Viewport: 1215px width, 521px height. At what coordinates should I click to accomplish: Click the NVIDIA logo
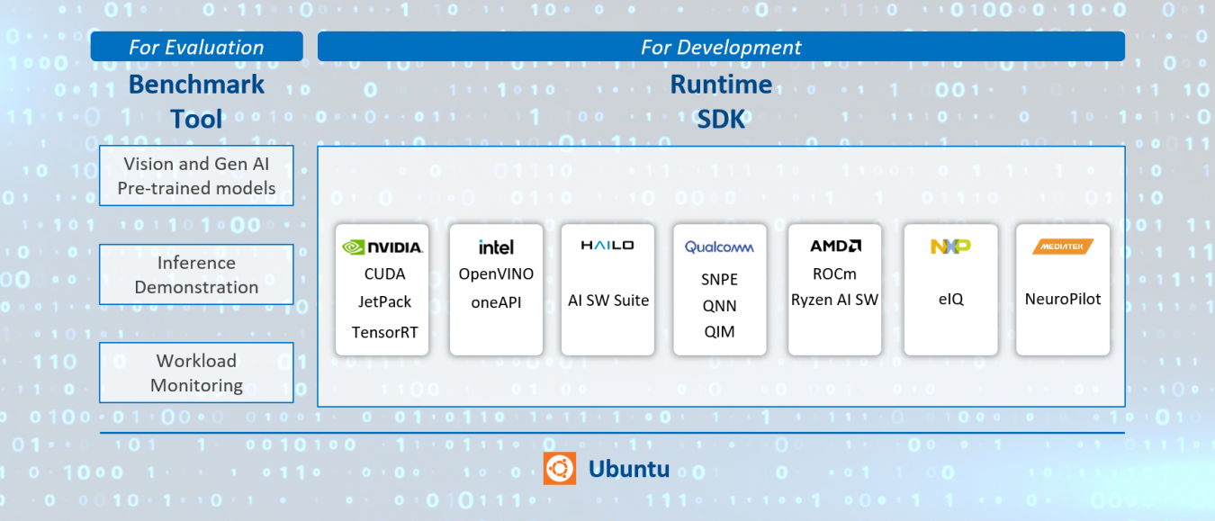[x=382, y=247]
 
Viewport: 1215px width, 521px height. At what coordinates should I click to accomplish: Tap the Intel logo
[x=496, y=247]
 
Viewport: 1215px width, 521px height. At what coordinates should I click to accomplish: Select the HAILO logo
[x=607, y=245]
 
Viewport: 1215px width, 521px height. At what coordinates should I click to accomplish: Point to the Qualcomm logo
[x=719, y=247]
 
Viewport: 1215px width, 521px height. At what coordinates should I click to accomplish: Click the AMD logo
[x=835, y=246]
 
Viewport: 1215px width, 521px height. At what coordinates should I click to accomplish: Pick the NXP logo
[x=950, y=246]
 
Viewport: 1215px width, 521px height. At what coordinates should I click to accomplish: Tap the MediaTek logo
[x=1063, y=246]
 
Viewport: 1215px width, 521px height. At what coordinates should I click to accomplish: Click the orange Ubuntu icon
[x=559, y=469]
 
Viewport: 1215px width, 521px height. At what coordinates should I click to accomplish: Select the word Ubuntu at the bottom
[x=628, y=469]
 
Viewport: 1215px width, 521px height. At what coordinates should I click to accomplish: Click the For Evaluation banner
[x=196, y=47]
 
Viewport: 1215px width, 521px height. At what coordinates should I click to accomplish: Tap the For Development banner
[x=721, y=47]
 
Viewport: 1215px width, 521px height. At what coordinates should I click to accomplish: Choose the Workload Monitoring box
[x=196, y=373]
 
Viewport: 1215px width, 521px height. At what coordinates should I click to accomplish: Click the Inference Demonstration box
[x=196, y=274]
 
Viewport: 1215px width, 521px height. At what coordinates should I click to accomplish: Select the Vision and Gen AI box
[x=196, y=175]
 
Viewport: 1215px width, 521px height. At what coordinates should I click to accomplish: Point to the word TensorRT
[x=384, y=332]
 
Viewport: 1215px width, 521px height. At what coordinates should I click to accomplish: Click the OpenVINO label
[x=496, y=274]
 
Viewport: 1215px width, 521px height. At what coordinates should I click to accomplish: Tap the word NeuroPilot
[x=1063, y=299]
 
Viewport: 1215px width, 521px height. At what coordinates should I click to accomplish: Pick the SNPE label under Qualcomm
[x=719, y=279]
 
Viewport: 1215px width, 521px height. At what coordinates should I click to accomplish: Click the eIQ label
[x=950, y=300]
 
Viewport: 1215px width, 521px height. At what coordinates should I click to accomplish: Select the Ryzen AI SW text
[x=834, y=300]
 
